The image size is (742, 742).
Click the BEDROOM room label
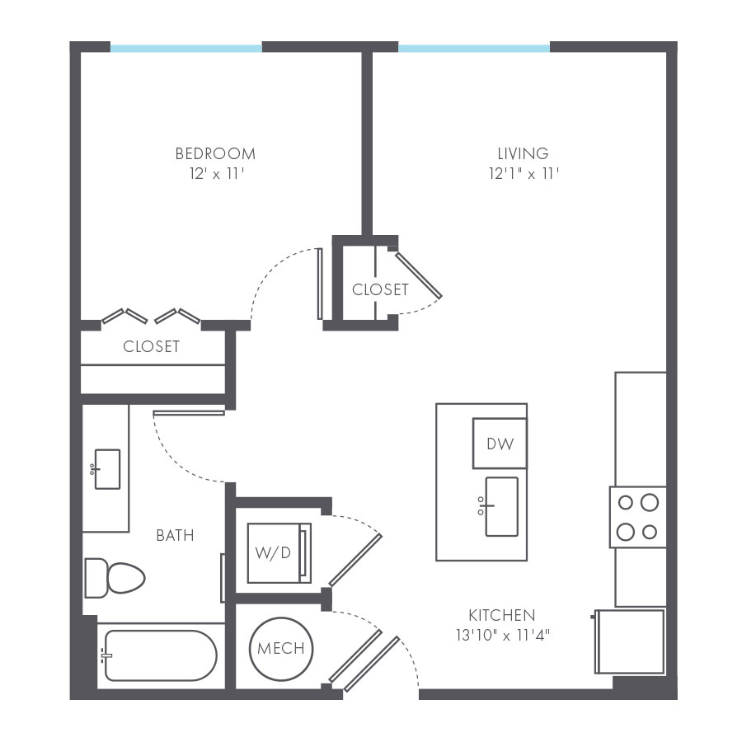(215, 154)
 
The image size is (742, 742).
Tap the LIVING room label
(523, 154)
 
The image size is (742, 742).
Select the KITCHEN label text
(502, 615)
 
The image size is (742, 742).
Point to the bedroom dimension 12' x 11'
(217, 174)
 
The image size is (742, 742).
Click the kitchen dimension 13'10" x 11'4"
(503, 635)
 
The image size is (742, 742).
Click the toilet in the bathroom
(115, 578)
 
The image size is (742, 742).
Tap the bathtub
(160, 655)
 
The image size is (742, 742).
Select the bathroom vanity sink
(106, 469)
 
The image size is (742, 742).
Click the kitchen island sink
(500, 506)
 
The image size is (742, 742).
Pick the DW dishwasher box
(500, 444)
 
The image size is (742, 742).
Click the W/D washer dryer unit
(279, 552)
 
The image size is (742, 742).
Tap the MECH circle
(281, 648)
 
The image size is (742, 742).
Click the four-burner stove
(638, 517)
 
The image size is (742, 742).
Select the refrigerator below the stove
(630, 641)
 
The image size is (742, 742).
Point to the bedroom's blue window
(186, 48)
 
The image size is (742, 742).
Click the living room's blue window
(474, 48)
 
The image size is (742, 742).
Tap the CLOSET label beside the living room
(380, 289)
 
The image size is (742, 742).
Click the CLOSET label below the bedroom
(152, 346)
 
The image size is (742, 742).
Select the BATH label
(175, 535)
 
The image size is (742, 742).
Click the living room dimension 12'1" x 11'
(524, 174)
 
